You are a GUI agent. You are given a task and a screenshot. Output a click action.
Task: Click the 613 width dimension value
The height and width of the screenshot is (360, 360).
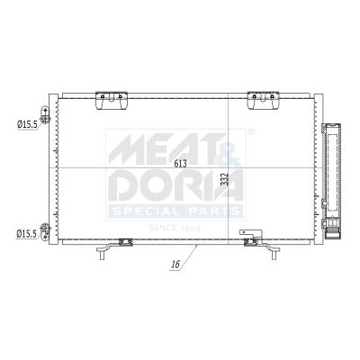click(x=180, y=164)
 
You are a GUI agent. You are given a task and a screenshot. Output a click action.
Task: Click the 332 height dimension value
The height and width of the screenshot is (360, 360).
click(x=225, y=179)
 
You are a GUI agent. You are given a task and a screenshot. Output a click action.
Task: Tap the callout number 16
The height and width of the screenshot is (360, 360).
click(x=175, y=265)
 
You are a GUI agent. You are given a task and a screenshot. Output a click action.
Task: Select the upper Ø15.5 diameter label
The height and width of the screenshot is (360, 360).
click(x=27, y=124)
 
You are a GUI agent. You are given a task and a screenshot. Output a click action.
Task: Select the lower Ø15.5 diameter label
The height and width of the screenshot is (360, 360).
click(x=26, y=233)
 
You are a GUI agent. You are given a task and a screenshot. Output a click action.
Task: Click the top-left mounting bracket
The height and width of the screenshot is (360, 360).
click(x=112, y=101)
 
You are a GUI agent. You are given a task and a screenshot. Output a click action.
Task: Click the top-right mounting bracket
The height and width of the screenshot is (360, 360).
click(x=263, y=101)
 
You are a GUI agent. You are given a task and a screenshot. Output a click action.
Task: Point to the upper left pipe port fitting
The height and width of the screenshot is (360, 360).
click(x=45, y=115)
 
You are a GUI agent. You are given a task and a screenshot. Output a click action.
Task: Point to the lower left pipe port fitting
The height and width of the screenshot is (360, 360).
click(x=45, y=231)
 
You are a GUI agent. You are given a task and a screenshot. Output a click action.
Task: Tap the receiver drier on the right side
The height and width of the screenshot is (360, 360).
click(x=331, y=181)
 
